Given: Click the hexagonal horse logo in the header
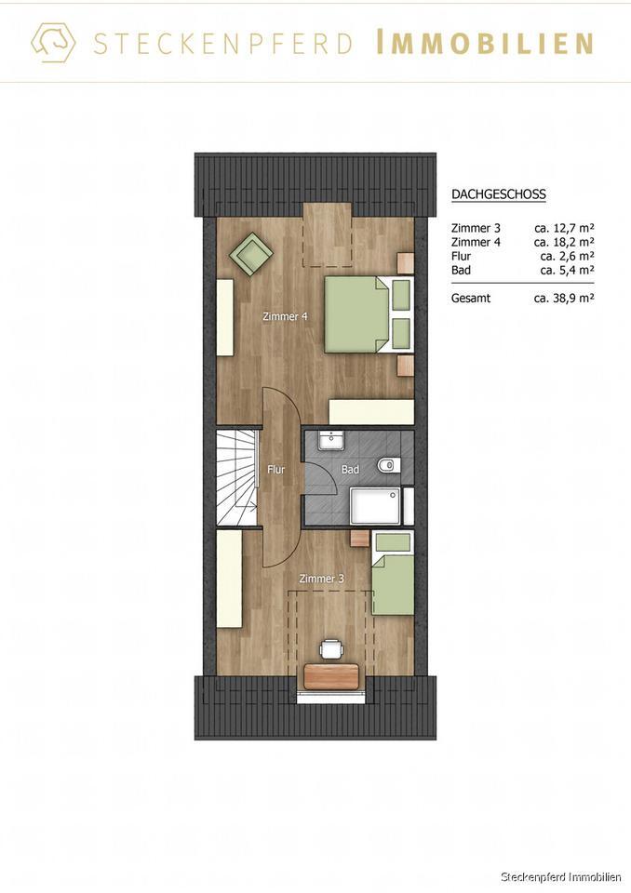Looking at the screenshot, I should (x=53, y=43).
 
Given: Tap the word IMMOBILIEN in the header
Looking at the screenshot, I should (x=485, y=44).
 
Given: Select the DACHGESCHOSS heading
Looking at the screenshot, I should (x=498, y=194).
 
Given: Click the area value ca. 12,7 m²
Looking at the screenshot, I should (x=564, y=227).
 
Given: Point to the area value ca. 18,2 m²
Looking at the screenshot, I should (x=564, y=241).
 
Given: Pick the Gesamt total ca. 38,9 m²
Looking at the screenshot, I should (x=564, y=299).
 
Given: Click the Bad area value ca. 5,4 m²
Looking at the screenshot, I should (x=567, y=270).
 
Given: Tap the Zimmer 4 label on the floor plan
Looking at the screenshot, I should (x=285, y=316).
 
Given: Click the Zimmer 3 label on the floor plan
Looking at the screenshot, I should (x=321, y=579).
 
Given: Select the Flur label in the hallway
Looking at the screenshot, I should (x=275, y=470).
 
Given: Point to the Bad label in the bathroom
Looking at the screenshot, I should (x=350, y=470).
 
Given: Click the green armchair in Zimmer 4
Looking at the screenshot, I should (x=252, y=252).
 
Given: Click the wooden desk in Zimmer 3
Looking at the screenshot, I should (x=330, y=675).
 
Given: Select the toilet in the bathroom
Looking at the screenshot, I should (x=387, y=465).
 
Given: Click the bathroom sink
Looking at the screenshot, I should (x=330, y=440).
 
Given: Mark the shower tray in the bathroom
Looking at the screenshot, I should (x=376, y=506).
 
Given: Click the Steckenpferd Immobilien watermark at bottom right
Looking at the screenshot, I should (x=560, y=877).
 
